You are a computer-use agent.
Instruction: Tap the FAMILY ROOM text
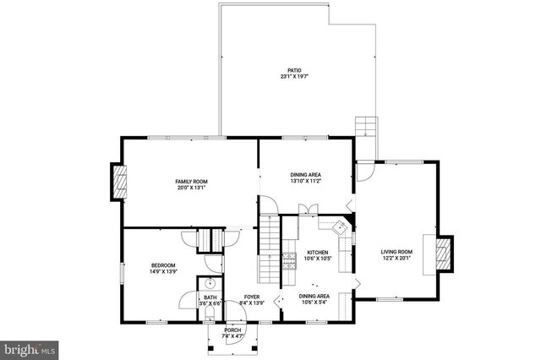pyautogui.click(x=191, y=182)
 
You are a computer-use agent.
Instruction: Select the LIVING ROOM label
pyautogui.click(x=396, y=251)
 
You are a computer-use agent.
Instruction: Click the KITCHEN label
pyautogui.click(x=317, y=252)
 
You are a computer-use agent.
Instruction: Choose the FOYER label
pyautogui.click(x=252, y=297)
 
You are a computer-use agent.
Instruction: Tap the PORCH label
pyautogui.click(x=232, y=330)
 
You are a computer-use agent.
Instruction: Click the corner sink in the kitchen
pyautogui.click(x=342, y=226)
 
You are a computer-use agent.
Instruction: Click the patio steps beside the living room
pyautogui.click(x=365, y=128)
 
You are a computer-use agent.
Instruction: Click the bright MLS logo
pyautogui.click(x=29, y=347)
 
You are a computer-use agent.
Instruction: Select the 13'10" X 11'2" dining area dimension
pyautogui.click(x=305, y=181)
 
